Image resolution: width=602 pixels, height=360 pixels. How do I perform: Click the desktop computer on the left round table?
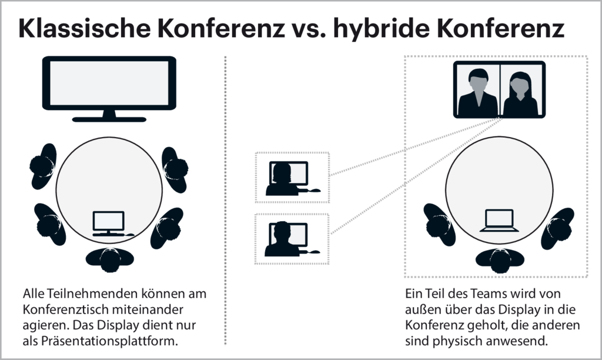coord(109,222)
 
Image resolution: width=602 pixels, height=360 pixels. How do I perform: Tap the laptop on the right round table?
coord(499,221)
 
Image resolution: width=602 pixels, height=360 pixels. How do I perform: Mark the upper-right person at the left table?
coord(175,165)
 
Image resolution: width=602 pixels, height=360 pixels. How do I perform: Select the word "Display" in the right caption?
coord(509,309)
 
